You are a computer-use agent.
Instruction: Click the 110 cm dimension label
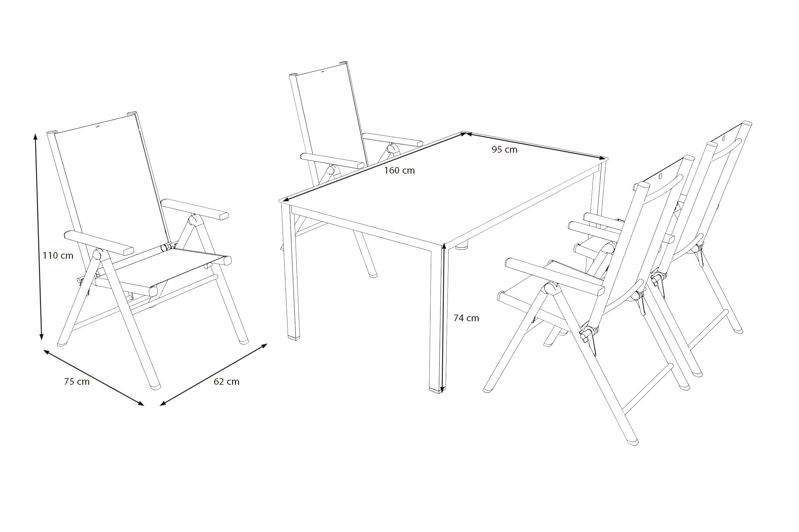click(x=58, y=255)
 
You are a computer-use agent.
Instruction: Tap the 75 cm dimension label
click(x=77, y=382)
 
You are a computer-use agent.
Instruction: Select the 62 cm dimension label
click(x=227, y=381)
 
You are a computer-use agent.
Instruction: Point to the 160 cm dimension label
click(x=400, y=170)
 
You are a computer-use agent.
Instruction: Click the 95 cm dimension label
click(x=504, y=149)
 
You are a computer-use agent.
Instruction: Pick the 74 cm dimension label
click(x=466, y=318)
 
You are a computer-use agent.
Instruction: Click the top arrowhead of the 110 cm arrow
click(x=35, y=136)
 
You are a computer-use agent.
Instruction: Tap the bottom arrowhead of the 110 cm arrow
click(x=41, y=336)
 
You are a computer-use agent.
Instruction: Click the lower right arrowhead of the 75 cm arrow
click(x=140, y=403)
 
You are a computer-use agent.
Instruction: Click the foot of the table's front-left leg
click(x=294, y=337)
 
